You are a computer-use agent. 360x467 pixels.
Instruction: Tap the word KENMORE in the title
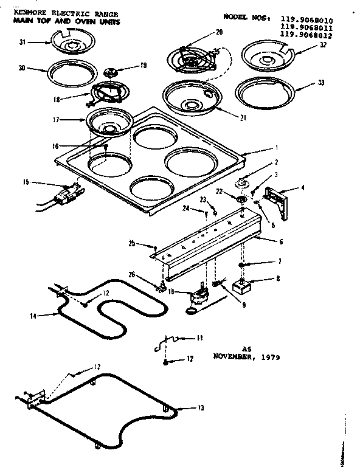(x=29, y=13)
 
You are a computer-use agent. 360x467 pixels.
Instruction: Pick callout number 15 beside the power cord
(x=26, y=181)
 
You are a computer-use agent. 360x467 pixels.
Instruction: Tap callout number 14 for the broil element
(x=34, y=316)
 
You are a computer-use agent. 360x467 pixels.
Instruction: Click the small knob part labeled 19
(x=112, y=72)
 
